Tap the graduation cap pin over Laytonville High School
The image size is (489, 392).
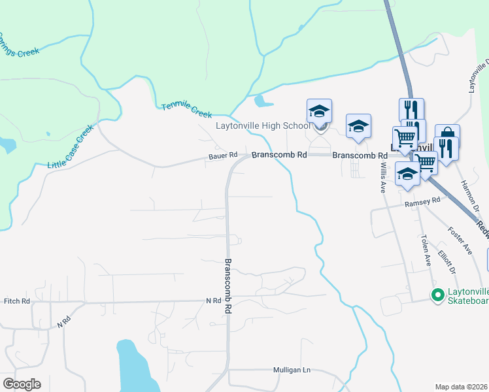coord(319,112)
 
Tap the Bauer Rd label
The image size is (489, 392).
coord(222,157)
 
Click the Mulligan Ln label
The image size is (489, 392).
coord(291,370)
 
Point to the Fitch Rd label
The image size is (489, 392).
coord(17,301)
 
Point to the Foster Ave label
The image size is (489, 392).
coord(460,240)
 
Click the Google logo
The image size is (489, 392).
coord(22,384)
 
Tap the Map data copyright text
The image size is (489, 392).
coord(462,387)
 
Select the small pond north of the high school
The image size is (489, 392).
coord(262,101)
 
